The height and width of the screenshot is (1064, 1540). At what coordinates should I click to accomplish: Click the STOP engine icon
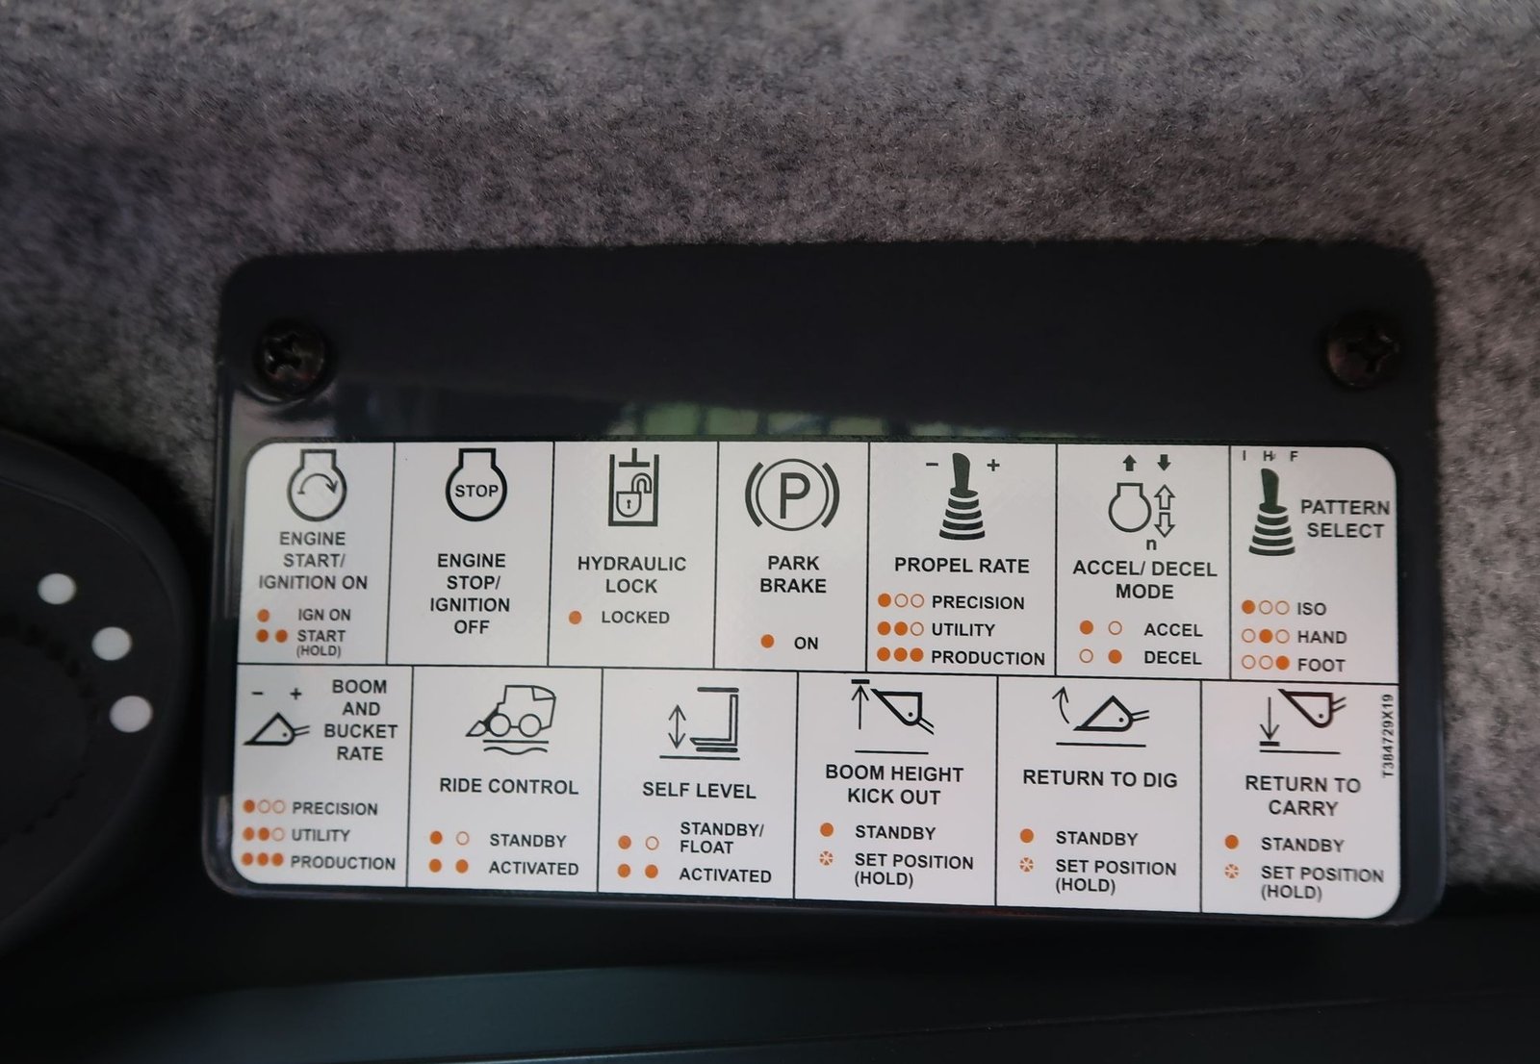475,485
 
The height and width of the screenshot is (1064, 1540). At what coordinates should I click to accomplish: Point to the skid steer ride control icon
511,719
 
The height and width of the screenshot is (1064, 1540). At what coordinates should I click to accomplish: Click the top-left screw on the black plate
293,358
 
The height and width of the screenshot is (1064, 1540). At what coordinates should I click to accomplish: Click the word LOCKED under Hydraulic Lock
635,618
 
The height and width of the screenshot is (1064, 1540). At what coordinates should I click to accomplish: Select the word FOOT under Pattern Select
1321,665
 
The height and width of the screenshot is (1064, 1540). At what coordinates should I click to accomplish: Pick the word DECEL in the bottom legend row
1172,658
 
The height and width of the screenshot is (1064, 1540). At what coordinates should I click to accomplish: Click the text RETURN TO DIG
1100,778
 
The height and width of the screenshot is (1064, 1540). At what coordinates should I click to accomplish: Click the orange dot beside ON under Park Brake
767,642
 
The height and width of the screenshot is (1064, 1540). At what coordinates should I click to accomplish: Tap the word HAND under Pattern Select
1322,637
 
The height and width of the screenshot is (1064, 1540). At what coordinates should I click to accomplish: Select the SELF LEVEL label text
699,791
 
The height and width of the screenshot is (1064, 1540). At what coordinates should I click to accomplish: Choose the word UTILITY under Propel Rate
962,629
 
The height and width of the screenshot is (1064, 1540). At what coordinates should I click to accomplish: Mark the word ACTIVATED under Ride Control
533,868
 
